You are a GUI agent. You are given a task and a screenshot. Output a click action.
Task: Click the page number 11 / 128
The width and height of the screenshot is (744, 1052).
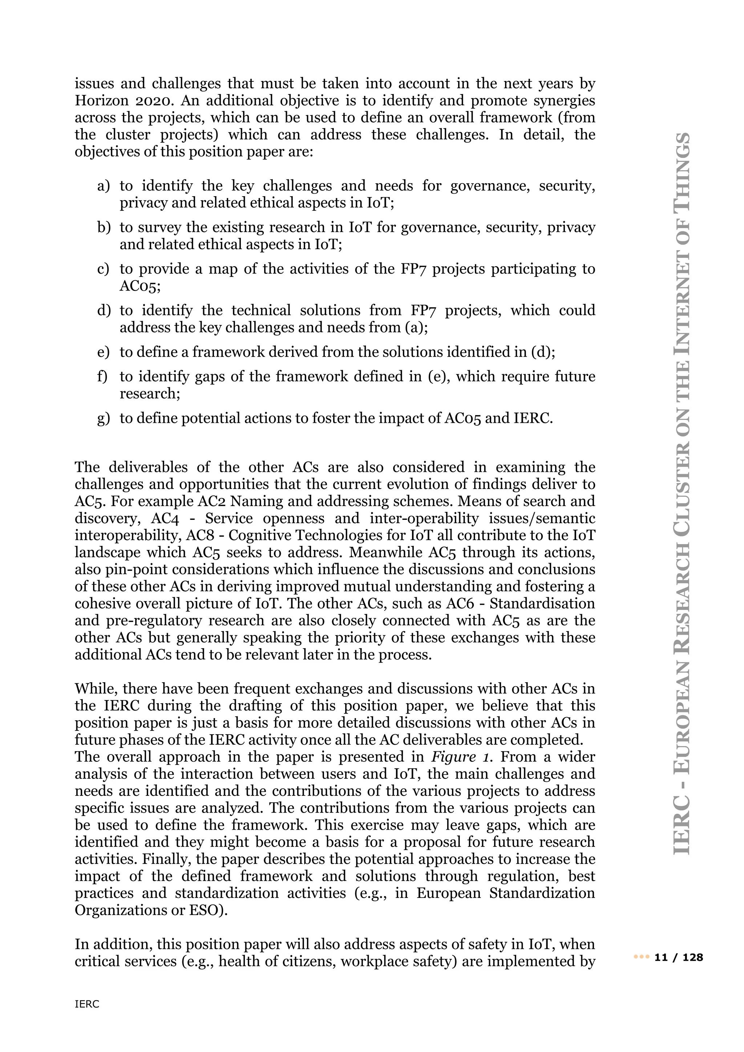(679, 957)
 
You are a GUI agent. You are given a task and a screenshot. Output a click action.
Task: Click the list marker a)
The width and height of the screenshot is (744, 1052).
(104, 186)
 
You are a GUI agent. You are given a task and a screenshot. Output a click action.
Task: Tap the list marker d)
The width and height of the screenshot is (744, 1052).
(104, 311)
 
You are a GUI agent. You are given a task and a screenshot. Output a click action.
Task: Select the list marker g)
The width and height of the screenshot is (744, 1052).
(104, 418)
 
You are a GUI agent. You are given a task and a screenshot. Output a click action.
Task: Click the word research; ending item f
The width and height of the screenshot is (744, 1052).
(150, 393)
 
